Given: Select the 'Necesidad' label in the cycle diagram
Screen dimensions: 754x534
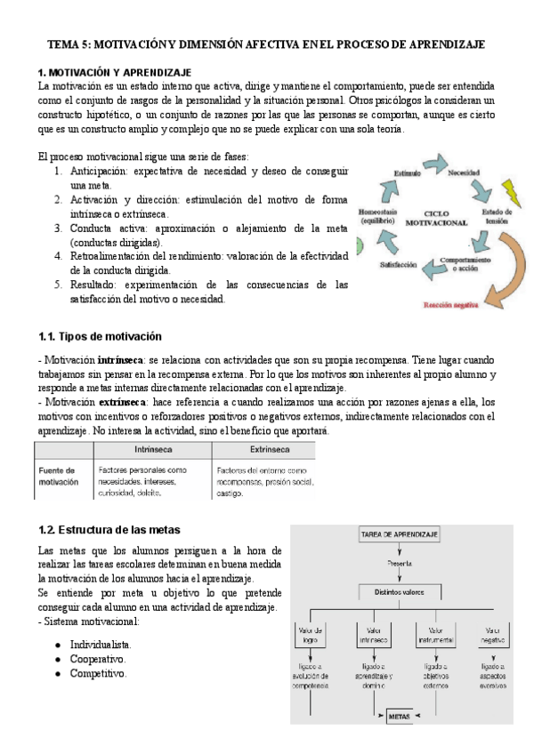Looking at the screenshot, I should [x=464, y=172].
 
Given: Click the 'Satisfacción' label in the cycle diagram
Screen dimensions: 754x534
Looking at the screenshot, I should [x=399, y=265].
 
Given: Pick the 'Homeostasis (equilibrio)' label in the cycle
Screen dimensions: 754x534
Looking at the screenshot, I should [x=381, y=220].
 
